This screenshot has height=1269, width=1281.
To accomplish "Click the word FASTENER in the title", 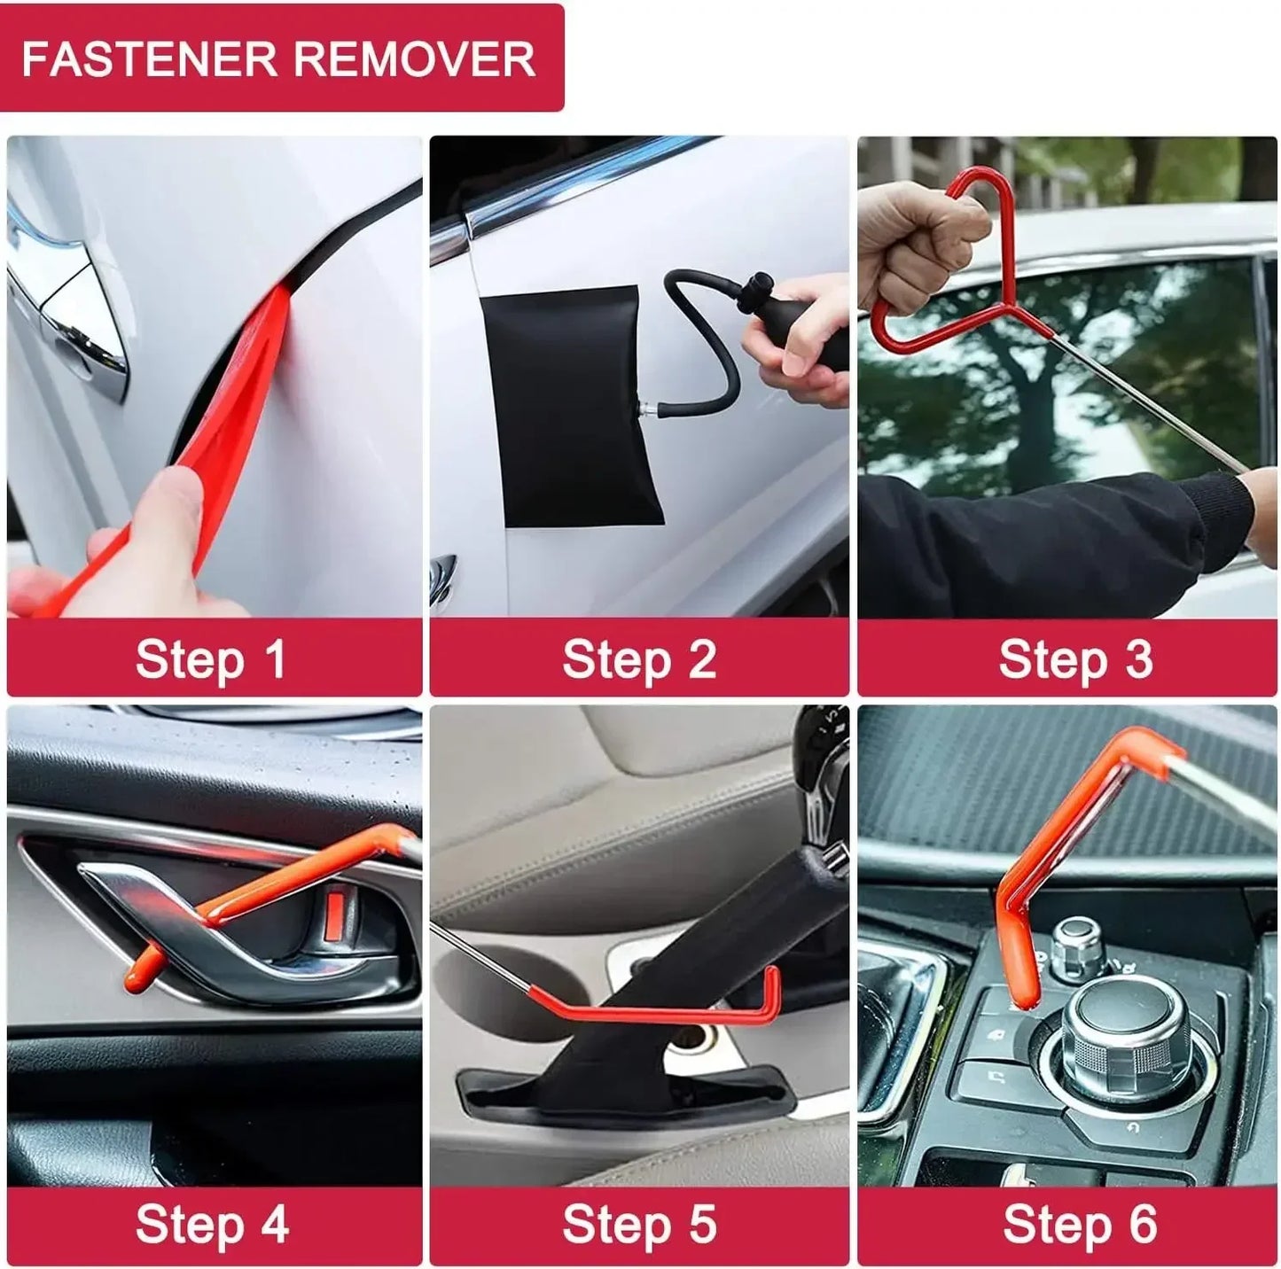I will (x=149, y=58).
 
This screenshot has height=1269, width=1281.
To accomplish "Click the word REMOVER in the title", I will (x=413, y=58).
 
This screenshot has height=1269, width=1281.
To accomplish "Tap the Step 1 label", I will (x=211, y=659).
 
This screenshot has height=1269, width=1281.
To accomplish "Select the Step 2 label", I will (x=638, y=659).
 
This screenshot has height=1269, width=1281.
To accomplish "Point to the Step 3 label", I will (x=1074, y=659).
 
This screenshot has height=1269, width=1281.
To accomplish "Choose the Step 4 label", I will (x=211, y=1224).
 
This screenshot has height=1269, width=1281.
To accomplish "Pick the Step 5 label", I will (x=638, y=1224).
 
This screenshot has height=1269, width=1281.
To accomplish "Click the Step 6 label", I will (x=1079, y=1224).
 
